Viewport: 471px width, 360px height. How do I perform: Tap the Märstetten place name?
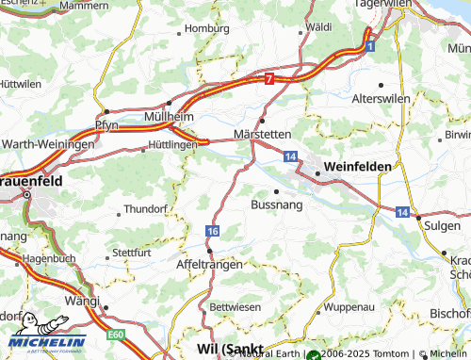(263, 135)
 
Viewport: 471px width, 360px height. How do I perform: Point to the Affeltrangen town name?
(210, 266)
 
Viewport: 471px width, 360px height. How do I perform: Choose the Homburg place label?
(207, 28)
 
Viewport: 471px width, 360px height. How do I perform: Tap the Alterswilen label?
(405, 99)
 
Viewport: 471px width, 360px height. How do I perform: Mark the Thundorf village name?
(144, 210)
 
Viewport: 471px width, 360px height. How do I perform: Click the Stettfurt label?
(131, 253)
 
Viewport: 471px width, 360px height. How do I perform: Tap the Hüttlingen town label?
(172, 146)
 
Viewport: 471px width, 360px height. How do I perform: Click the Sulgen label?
(442, 227)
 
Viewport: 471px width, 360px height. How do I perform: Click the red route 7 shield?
(270, 80)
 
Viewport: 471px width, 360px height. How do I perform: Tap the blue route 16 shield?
(214, 231)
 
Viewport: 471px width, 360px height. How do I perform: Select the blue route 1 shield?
(371, 45)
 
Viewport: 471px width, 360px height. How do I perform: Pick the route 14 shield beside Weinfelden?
(290, 155)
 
